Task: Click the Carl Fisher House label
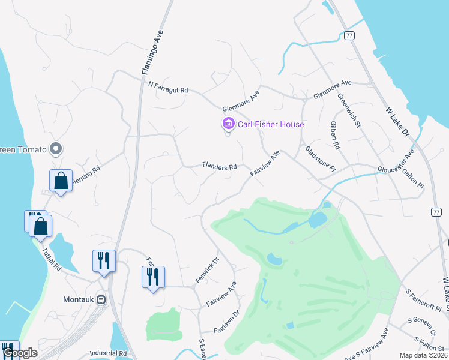[271, 124]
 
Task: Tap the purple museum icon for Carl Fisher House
[228, 124]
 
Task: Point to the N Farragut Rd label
[168, 86]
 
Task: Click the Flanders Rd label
[219, 166]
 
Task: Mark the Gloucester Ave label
[396, 161]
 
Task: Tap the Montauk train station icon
[101, 299]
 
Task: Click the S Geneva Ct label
[421, 322]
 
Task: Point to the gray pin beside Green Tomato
[56, 148]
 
